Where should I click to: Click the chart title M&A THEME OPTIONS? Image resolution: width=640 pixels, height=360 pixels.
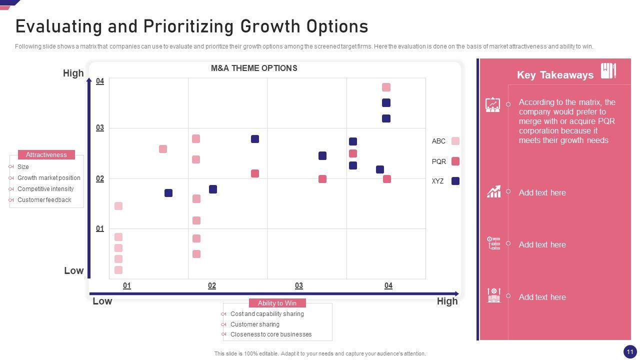[254, 68]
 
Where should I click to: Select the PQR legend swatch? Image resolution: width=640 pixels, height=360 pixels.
[455, 161]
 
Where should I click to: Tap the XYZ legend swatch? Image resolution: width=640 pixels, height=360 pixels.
[455, 181]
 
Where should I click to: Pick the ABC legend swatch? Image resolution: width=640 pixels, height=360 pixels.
[455, 141]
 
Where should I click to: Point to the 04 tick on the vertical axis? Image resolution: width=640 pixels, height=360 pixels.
[100, 81]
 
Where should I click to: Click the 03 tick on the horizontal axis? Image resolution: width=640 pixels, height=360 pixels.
[298, 285]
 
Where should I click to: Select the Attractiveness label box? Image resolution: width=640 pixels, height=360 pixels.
[46, 155]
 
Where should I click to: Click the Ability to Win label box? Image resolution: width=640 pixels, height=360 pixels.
[277, 303]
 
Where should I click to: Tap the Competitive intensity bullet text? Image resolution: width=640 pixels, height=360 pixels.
[45, 189]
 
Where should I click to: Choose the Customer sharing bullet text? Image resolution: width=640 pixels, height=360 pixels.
[255, 324]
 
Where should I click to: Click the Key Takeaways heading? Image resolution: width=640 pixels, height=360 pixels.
[555, 75]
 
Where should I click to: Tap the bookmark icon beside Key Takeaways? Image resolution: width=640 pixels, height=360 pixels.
[608, 70]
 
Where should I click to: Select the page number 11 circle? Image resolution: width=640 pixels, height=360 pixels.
[629, 351]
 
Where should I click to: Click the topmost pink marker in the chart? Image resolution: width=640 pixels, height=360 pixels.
[386, 87]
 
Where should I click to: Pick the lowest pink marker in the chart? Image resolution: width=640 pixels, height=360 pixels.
[118, 270]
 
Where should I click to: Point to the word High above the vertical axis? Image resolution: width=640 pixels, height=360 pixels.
[73, 73]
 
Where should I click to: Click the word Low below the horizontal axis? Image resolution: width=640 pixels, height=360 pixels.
[102, 301]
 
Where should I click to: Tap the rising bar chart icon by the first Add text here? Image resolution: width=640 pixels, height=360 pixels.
[493, 191]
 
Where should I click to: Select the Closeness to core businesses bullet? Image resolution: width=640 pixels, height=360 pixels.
[271, 334]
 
